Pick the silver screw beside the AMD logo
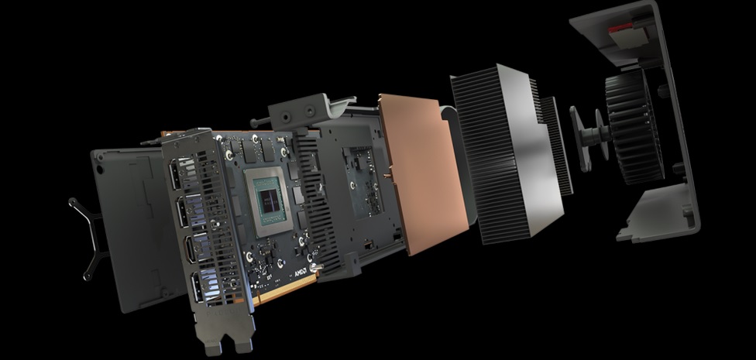click(x=314, y=269)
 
